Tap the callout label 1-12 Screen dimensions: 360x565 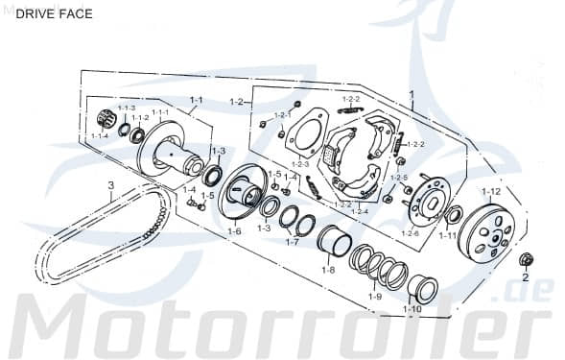tap(490, 192)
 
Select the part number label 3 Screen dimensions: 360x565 tap(110, 184)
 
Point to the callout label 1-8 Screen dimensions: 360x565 tap(329, 270)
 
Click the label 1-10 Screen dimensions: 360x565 tap(412, 308)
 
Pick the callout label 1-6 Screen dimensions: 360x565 tap(234, 231)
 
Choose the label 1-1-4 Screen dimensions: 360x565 tap(100, 136)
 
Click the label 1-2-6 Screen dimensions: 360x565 tap(411, 233)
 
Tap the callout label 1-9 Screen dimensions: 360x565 tap(375, 297)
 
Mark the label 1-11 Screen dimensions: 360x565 tap(447, 234)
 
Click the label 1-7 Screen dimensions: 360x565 tap(292, 242)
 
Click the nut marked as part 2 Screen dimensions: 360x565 tap(525, 259)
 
